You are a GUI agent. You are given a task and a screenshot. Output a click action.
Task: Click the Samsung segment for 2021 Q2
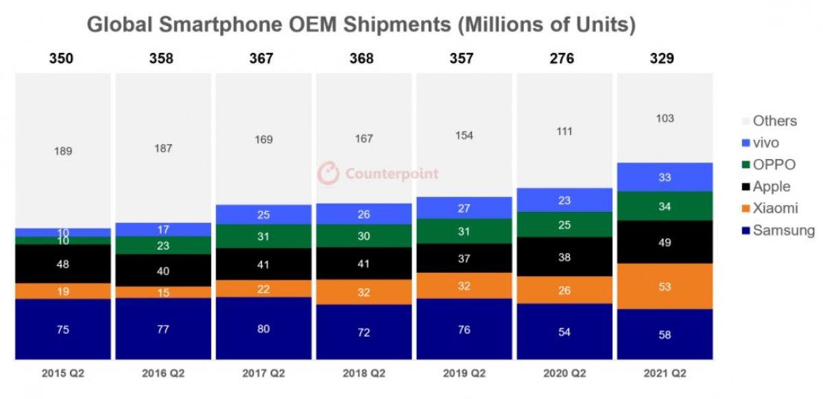[664, 335]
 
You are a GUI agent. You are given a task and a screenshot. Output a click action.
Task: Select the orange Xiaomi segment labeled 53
[664, 287]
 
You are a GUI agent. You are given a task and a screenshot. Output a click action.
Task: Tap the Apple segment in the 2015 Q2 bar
[62, 264]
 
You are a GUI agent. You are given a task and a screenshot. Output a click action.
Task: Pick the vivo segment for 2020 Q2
[564, 201]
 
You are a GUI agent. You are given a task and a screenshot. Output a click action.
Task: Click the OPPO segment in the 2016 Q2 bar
[163, 245]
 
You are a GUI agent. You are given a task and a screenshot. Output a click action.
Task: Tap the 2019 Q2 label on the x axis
[464, 374]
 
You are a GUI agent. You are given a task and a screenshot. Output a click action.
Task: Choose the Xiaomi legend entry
[775, 208]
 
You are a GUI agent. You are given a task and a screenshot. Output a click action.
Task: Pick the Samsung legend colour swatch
[746, 231]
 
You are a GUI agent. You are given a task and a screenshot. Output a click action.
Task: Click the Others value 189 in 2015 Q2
[62, 151]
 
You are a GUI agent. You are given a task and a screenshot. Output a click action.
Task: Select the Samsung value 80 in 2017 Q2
[263, 328]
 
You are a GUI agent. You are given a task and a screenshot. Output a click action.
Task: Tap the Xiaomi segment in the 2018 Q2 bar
[363, 292]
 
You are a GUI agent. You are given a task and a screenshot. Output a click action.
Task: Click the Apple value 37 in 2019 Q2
[464, 258]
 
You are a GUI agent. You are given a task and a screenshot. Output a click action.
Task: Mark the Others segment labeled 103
[664, 119]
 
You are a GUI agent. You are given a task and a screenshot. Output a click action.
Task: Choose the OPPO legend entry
[774, 165]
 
